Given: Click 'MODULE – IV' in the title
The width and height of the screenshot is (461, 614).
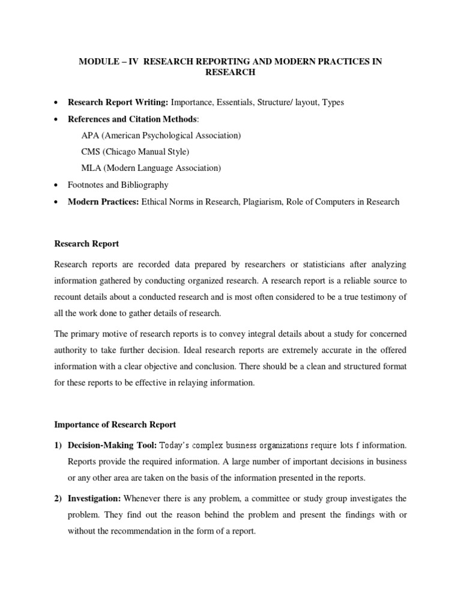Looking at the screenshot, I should pos(103,62).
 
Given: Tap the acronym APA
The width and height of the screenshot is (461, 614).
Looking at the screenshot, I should pos(90,136).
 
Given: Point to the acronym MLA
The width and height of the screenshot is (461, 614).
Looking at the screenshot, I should pos(91,168).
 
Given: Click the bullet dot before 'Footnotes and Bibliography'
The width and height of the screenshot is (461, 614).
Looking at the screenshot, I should pos(55,185).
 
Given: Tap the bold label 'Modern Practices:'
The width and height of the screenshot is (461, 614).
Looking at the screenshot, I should pos(103,201).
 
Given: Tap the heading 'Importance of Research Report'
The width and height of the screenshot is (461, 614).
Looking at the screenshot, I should pos(115,425).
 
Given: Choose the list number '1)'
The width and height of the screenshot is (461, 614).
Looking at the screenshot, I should pos(59,446).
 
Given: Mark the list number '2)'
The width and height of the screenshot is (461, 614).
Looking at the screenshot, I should pos(59,498).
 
